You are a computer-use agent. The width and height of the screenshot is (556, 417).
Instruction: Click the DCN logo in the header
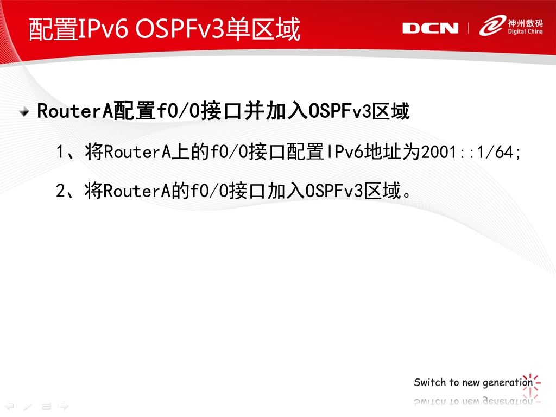click(430, 28)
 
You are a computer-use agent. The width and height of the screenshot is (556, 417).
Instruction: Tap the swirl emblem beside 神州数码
click(492, 25)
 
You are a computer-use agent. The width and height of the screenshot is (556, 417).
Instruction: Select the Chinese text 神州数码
click(525, 23)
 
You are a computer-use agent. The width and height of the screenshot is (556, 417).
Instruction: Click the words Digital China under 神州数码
click(525, 31)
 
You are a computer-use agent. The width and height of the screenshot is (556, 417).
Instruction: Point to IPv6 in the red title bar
click(102, 29)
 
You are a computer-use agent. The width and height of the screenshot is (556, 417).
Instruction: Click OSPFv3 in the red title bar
click(180, 29)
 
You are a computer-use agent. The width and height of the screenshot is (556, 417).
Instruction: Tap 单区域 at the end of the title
click(263, 29)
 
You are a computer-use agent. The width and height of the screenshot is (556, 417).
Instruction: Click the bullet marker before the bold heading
click(24, 112)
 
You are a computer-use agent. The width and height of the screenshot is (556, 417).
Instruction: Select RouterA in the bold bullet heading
click(74, 111)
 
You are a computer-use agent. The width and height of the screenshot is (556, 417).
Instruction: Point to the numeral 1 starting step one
click(60, 152)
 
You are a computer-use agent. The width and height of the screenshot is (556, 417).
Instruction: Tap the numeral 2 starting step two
click(61, 191)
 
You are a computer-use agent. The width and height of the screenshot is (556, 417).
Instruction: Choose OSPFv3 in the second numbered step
click(334, 191)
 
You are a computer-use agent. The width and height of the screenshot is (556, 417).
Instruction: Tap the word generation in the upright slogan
click(508, 383)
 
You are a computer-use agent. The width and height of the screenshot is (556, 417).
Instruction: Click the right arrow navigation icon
click(64, 406)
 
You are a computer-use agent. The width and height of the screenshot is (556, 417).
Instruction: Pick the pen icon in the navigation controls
click(28, 406)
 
